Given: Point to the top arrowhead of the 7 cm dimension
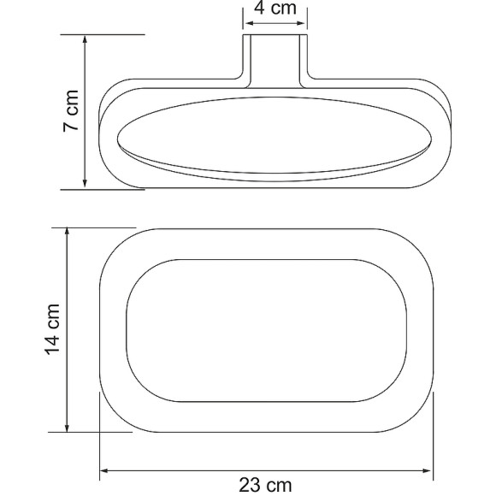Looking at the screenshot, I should pyautogui.click(x=85, y=40).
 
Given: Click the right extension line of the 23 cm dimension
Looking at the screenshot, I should pyautogui.click(x=434, y=436).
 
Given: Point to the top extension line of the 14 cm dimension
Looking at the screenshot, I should pyautogui.click(x=94, y=227).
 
